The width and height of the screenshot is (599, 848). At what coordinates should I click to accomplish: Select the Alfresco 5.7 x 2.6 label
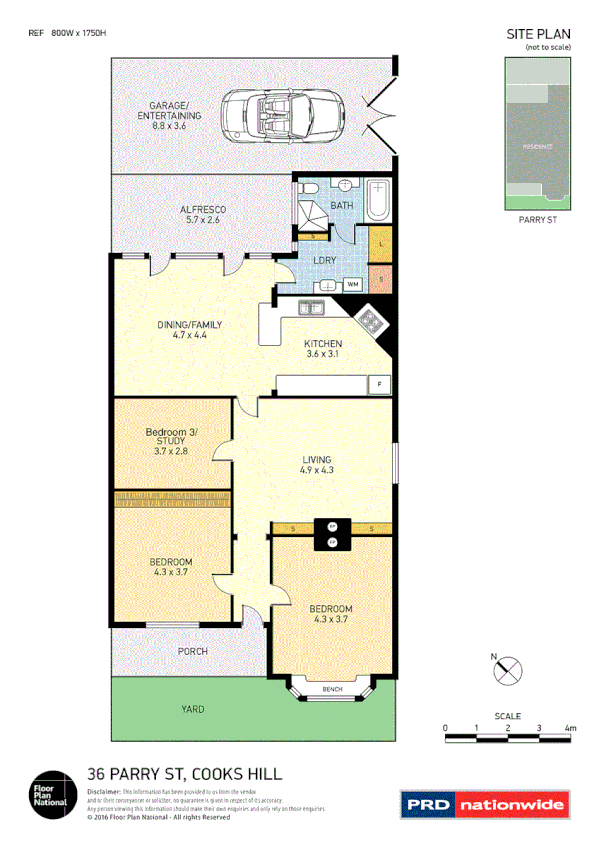coord(203,214)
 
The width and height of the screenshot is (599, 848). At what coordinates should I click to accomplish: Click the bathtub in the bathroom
coord(378,200)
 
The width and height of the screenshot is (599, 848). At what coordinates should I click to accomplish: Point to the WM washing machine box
coord(352,284)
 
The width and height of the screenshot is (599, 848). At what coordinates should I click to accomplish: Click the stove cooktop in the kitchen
coord(373,320)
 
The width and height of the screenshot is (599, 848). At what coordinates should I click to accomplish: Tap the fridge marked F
coord(379,384)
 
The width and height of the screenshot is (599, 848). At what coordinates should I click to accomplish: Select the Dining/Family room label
coord(189,330)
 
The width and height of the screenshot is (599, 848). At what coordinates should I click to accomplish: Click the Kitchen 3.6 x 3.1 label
coord(330,349)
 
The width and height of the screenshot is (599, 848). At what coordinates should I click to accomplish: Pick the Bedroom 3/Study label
coord(172,441)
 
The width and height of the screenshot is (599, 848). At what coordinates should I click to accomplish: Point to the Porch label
coord(193,651)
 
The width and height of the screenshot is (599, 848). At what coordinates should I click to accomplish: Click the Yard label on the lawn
coord(193,709)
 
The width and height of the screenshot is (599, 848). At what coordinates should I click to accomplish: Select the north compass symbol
coord(507,670)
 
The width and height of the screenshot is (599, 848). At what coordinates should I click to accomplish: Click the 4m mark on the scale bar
coord(570,729)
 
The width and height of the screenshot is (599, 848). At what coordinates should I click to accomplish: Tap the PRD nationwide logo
coord(485,803)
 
